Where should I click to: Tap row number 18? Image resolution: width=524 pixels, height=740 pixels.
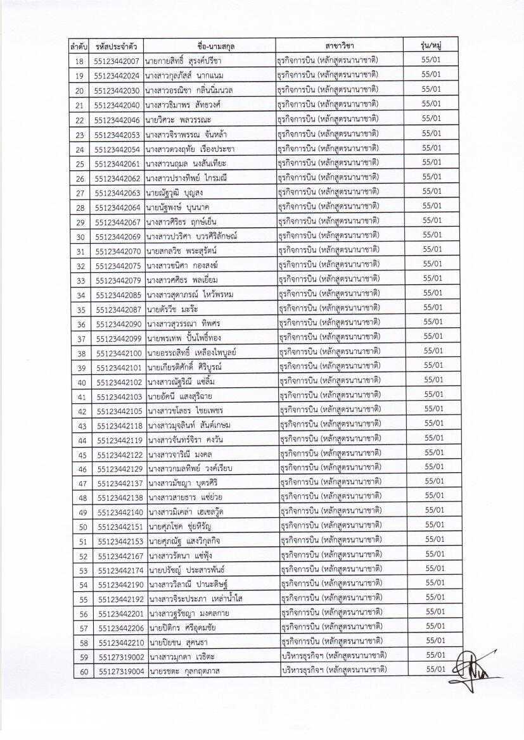point(79,61)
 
